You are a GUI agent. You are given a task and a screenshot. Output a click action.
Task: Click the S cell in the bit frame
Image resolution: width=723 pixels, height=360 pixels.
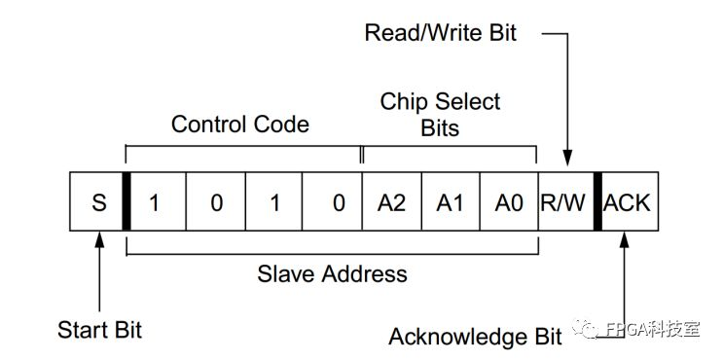(x=97, y=203)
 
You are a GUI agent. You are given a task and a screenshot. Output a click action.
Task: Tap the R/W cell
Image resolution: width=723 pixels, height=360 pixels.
(x=565, y=203)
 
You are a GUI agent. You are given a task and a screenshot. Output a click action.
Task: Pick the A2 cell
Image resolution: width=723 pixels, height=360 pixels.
(x=391, y=203)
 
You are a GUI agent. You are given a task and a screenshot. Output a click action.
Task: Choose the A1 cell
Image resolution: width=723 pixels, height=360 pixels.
(x=450, y=203)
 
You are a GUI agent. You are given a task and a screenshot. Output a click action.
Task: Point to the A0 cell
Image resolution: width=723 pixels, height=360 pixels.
(x=508, y=203)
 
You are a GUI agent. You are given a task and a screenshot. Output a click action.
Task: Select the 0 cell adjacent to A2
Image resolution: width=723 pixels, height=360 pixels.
(x=333, y=203)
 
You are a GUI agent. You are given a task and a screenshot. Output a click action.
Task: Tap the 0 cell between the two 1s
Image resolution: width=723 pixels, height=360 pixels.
(x=216, y=203)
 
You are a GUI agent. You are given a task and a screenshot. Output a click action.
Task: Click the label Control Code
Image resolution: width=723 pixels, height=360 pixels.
(x=239, y=124)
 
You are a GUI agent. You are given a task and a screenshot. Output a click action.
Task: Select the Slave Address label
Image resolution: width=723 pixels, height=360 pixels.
(x=332, y=273)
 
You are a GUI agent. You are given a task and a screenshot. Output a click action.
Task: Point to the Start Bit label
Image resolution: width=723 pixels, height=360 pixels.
(x=99, y=329)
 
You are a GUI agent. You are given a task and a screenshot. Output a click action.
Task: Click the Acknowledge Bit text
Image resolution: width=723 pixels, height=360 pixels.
(x=475, y=337)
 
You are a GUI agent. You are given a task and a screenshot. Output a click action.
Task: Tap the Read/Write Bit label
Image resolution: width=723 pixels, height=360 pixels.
(x=441, y=33)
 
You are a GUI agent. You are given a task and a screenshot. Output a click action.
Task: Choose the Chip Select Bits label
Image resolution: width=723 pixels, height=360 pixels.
(x=440, y=114)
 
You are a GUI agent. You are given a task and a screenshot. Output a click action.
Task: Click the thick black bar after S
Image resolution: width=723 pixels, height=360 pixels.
(x=126, y=203)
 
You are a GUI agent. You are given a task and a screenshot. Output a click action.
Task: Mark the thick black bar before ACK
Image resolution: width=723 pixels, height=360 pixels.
(x=596, y=203)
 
